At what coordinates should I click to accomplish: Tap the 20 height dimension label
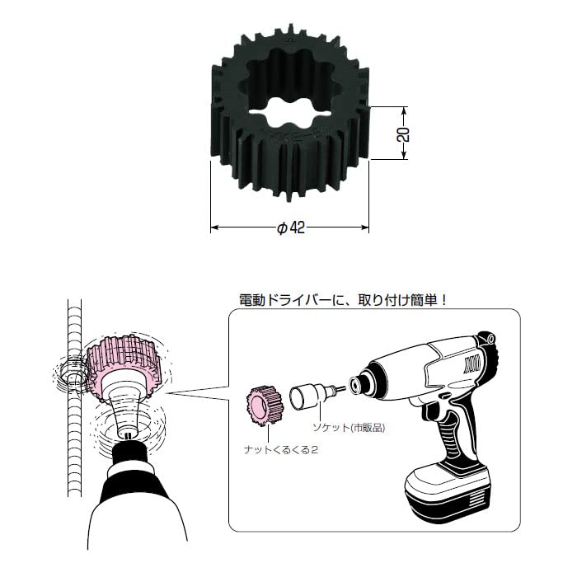click(x=402, y=134)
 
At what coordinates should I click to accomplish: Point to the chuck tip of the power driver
click(x=356, y=382)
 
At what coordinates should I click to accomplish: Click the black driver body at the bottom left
click(x=136, y=495)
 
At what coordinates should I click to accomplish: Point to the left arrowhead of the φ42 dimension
click(x=213, y=227)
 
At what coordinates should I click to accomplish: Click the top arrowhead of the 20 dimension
click(x=405, y=109)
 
